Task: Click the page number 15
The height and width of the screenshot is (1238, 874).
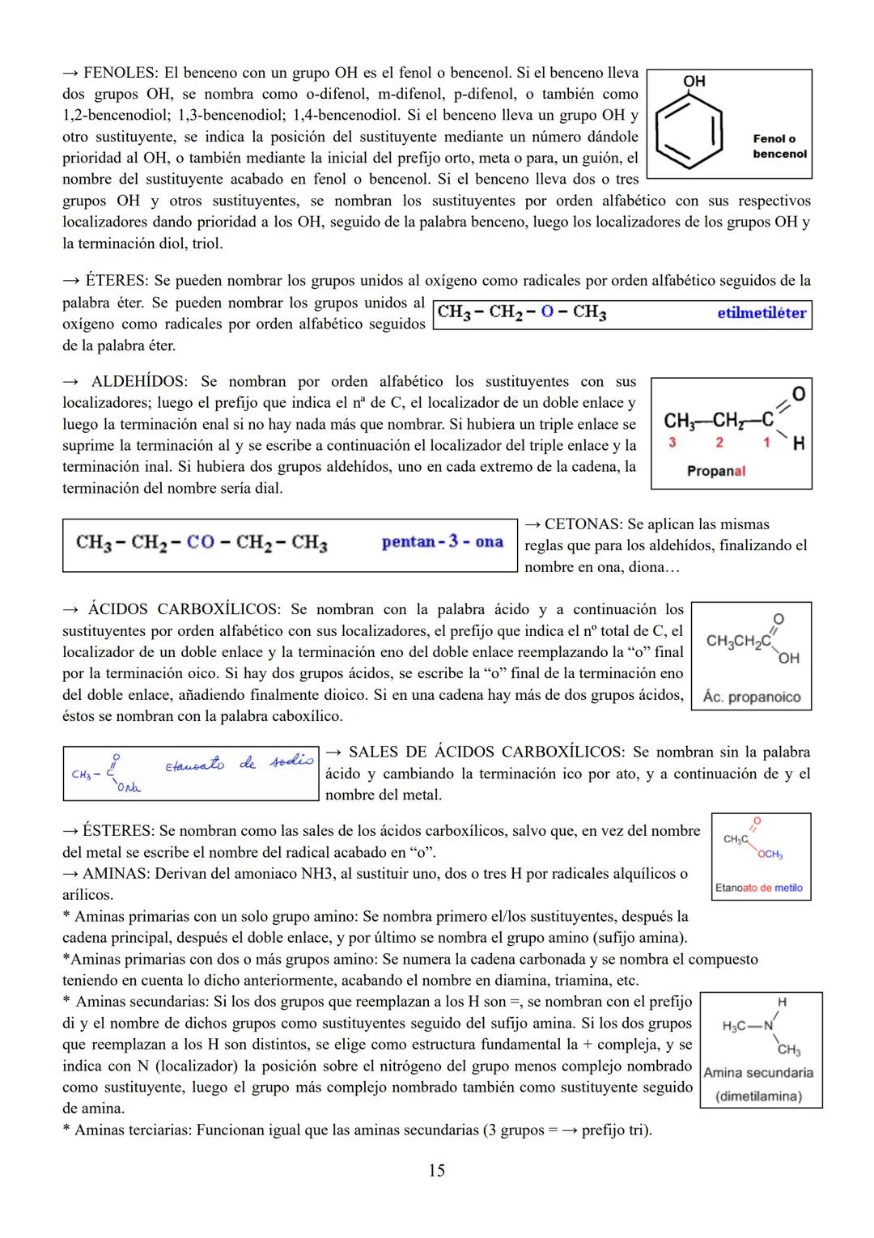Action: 436,1170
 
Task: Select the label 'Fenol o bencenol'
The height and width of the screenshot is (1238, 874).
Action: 779,146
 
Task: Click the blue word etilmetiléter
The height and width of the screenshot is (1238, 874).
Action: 761,313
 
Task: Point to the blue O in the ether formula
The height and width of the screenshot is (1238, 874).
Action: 548,313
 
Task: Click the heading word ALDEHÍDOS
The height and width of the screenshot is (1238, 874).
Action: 138,381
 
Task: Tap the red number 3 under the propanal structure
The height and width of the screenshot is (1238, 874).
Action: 671,443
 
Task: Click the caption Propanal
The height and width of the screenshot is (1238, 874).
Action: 715,471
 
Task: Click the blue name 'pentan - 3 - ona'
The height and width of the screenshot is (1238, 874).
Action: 442,542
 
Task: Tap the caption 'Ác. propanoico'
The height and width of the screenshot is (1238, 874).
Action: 752,697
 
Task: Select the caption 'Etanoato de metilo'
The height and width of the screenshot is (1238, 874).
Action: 759,888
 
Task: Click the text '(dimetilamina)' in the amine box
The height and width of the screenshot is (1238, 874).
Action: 759,1096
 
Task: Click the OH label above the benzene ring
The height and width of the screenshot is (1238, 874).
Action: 694,82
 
